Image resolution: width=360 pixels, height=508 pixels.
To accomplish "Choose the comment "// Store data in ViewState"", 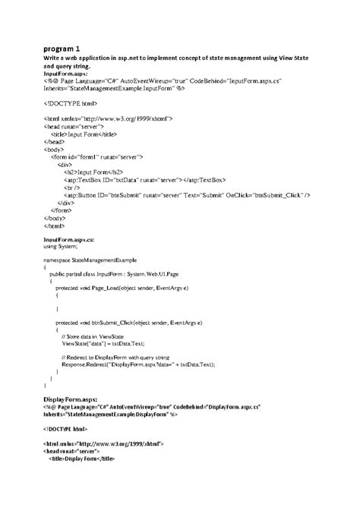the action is click(99, 336).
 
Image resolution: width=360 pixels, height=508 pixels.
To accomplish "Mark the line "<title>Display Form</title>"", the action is click(91, 459).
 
